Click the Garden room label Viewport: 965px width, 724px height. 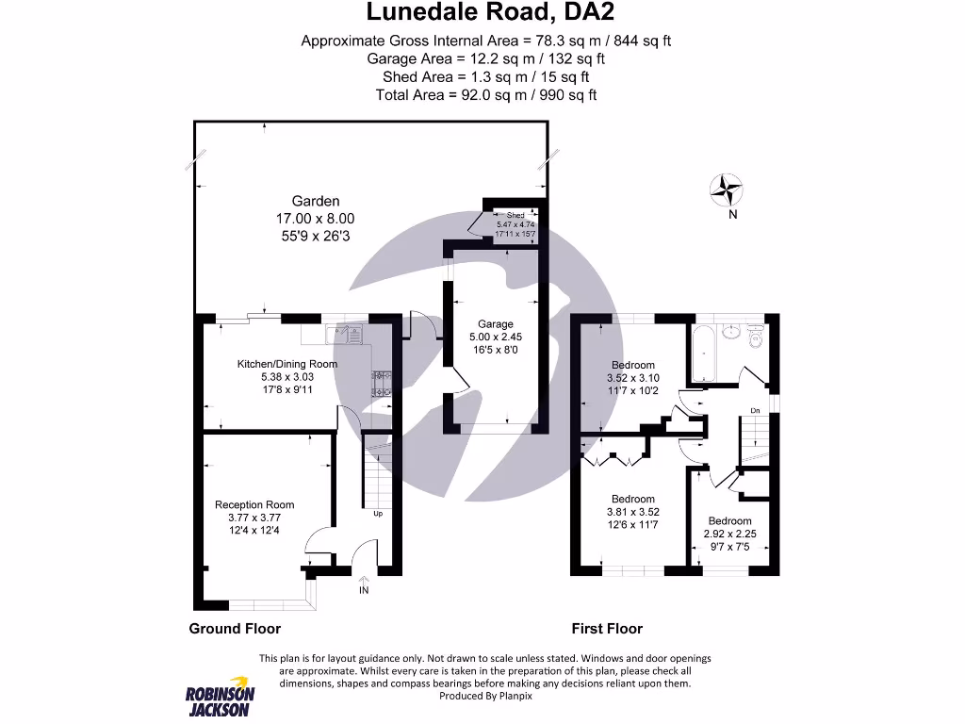pos(315,201)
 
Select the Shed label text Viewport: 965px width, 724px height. pos(515,216)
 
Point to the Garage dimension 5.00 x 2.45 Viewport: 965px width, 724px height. pos(496,337)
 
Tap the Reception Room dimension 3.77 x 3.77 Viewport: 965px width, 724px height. pos(254,518)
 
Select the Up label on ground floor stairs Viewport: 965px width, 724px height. pos(378,514)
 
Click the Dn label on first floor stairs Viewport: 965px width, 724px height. pos(754,410)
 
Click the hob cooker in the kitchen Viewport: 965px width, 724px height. pos(383,381)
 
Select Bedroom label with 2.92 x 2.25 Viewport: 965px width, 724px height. pos(730,520)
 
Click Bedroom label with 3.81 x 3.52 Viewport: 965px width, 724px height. pos(632,499)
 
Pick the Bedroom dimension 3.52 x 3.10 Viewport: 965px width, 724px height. pos(632,378)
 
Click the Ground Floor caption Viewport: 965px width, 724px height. pos(235,629)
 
